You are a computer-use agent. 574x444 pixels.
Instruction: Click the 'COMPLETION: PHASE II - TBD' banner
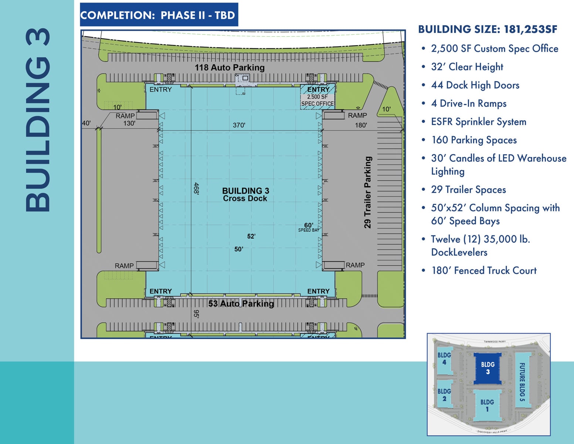pos(159,15)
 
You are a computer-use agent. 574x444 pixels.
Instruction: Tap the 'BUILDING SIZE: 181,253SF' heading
pos(488,29)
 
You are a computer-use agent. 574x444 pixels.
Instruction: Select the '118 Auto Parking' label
pos(230,67)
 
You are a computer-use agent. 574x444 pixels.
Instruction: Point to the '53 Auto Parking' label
pos(241,304)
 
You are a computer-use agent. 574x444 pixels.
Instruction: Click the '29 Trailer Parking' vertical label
pos(367,192)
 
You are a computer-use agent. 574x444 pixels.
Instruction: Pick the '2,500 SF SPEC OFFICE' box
pos(317,100)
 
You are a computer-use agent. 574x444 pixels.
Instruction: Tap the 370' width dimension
pos(239,125)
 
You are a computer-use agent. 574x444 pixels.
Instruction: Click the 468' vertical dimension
pos(196,188)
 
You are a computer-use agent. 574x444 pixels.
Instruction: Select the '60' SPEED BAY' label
pos(309,227)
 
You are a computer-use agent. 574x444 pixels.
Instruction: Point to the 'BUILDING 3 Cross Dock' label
pos(245,194)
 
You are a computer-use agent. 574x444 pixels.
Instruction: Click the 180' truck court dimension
pos(361,125)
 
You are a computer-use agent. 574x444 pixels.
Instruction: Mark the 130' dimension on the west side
pos(129,123)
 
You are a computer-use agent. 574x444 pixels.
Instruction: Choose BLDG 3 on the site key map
pos(488,368)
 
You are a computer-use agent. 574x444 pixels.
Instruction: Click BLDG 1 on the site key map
pos(487,405)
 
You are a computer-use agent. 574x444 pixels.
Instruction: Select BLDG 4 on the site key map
pos(444,358)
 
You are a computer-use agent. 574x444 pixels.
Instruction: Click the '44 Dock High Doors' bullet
pos(475,85)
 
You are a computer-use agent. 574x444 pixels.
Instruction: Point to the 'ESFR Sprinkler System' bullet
pos(478,122)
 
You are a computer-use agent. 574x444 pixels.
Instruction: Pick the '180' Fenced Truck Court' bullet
pos(484,270)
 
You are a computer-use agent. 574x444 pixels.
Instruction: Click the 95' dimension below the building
pos(196,314)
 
